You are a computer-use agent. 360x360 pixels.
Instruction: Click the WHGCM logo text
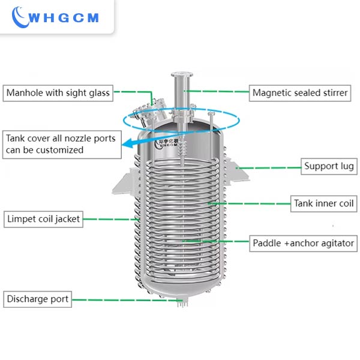click(x=65, y=19)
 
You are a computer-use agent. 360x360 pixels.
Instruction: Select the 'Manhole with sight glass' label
click(x=58, y=92)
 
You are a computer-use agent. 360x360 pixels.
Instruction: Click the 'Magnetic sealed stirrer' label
click(x=300, y=92)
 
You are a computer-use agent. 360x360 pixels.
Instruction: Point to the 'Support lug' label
click(x=328, y=166)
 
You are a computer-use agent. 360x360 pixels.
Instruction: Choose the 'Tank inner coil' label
click(x=323, y=203)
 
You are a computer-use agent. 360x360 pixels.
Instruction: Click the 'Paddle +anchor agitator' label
click(x=304, y=244)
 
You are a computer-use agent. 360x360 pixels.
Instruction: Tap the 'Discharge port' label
click(x=37, y=298)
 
